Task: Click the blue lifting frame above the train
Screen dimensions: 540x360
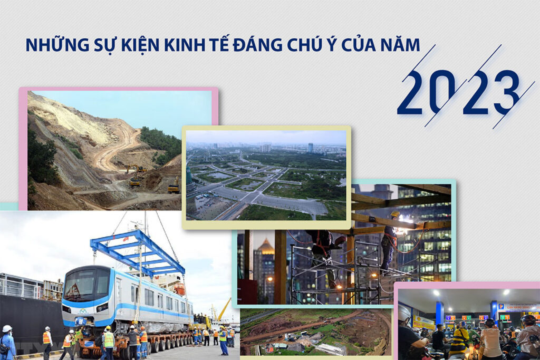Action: coord(137,251)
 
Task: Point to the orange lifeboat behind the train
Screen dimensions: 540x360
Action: coord(179,288)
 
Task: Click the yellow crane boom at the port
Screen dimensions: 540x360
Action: coord(224,309)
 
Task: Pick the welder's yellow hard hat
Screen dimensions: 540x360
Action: coord(394,214)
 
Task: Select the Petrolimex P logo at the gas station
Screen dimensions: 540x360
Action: coord(501,306)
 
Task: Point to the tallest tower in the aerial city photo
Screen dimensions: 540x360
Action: coord(310,148)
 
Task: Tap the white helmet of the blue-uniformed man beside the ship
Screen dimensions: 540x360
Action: coord(7,328)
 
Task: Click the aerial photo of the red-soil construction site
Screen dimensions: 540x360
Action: coord(316,332)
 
